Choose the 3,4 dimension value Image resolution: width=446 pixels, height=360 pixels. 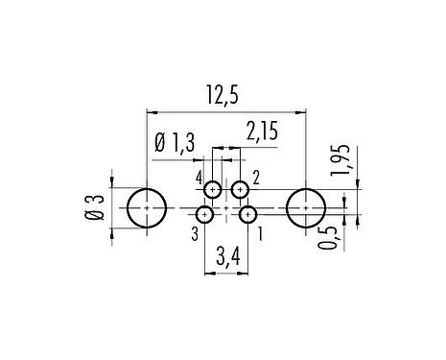pos(226,256)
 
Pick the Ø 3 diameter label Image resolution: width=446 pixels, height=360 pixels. pos(94,206)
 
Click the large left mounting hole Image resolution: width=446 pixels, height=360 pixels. pos(146,207)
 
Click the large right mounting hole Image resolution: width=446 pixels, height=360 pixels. pos(306,207)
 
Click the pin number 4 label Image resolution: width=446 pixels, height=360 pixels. pos(199,179)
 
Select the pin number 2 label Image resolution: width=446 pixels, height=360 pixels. pos(256,179)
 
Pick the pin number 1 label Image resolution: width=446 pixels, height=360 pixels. pos(261,231)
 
